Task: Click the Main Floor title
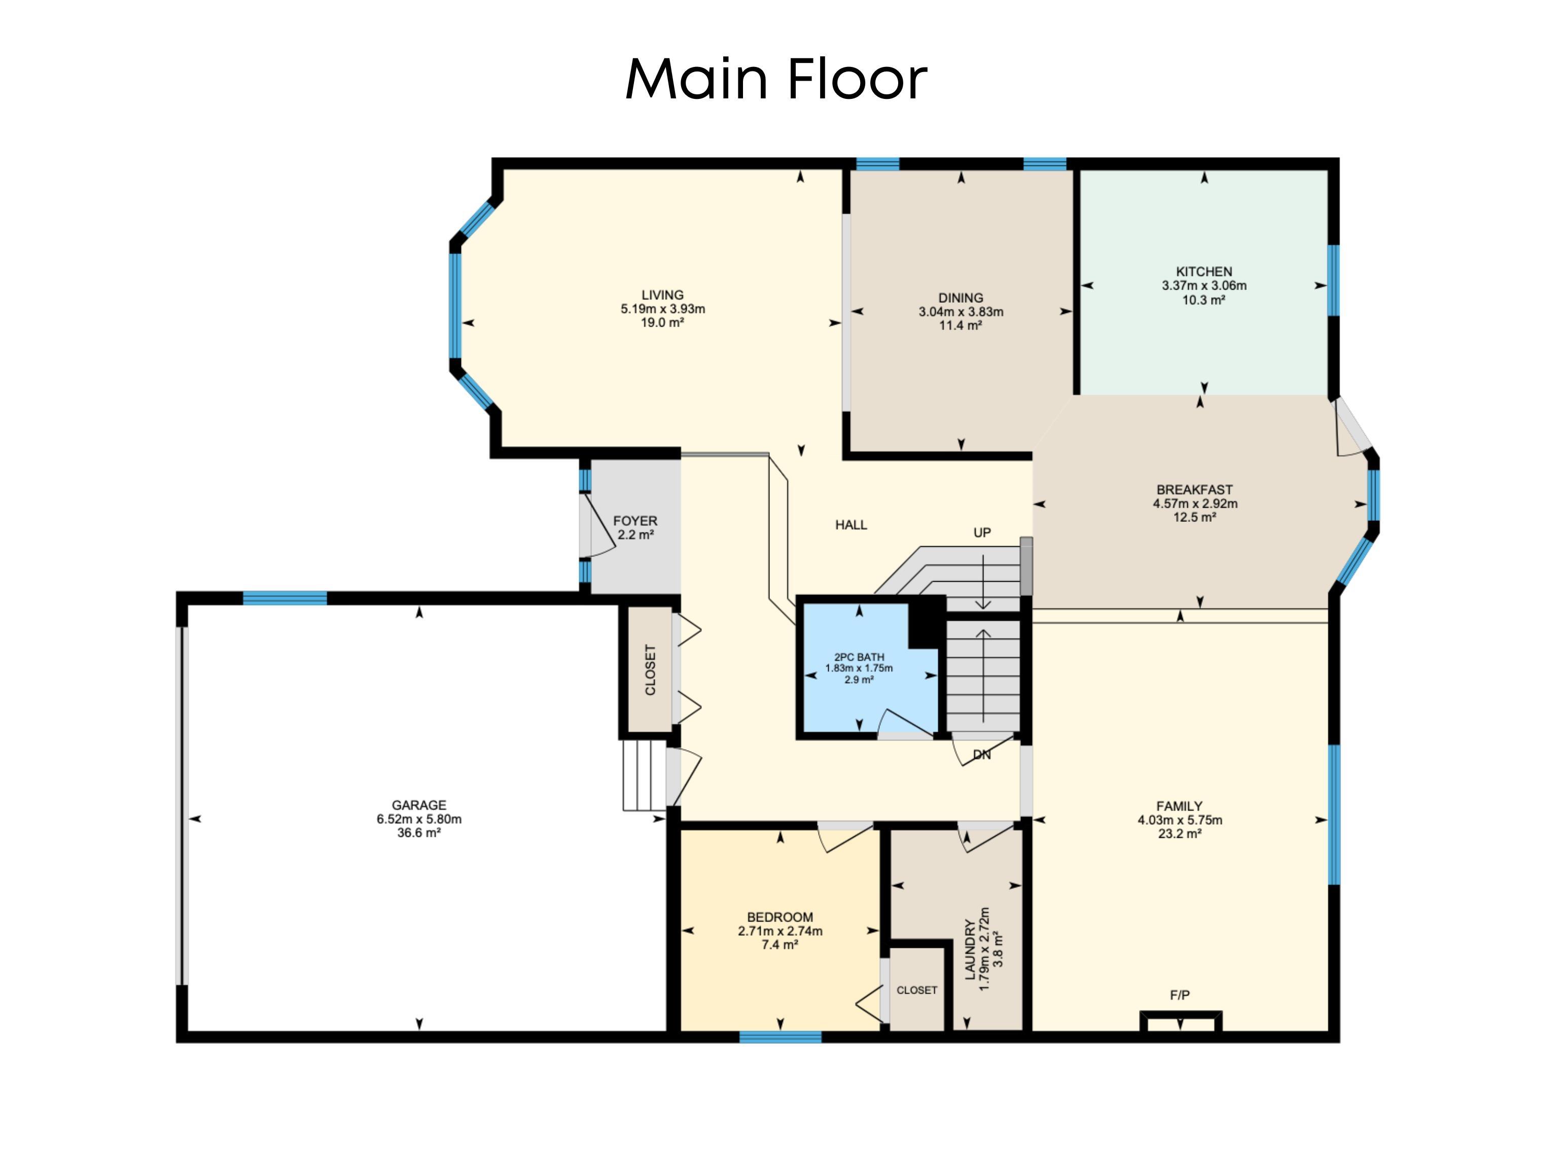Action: tap(775, 79)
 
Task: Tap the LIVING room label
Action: tap(662, 295)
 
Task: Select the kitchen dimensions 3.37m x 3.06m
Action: tap(1203, 286)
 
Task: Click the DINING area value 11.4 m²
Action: tap(961, 326)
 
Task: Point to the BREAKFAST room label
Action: tap(1194, 489)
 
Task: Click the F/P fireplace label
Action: tap(1180, 996)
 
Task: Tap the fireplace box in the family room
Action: tap(1181, 1022)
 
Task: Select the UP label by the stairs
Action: tap(982, 533)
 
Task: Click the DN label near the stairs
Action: tap(982, 755)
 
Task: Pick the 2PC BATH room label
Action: tap(859, 657)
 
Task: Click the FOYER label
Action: tap(635, 520)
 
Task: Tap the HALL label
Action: tap(851, 525)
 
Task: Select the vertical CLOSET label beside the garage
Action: tap(650, 670)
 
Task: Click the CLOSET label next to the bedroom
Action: tap(916, 990)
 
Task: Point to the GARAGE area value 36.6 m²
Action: tap(419, 833)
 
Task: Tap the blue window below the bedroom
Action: tap(781, 1037)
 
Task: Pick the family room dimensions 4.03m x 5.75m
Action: tap(1180, 820)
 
